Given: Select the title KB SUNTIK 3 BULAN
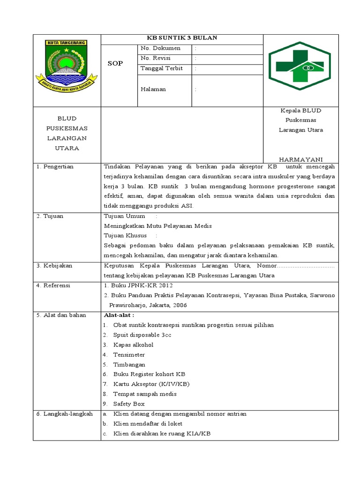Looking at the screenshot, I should [x=182, y=38].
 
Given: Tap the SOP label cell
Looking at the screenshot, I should [x=115, y=63].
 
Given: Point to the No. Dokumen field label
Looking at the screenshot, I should [x=158, y=48].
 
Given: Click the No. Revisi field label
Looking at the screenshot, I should [x=156, y=58].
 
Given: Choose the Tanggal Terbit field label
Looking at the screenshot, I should [x=161, y=68].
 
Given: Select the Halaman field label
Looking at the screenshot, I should [x=153, y=89].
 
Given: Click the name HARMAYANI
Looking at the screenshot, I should [x=301, y=159].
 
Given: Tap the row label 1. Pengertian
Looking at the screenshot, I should [x=55, y=166].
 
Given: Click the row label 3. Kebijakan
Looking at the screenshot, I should [x=54, y=265].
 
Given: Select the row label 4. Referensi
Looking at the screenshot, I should [x=53, y=285].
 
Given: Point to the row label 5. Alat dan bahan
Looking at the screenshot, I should [x=61, y=315].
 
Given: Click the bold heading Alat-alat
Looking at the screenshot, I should [x=119, y=315].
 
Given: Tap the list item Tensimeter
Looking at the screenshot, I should [x=129, y=355].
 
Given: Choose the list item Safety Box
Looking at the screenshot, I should [x=129, y=404].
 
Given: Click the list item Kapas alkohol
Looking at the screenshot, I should [x=133, y=345].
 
